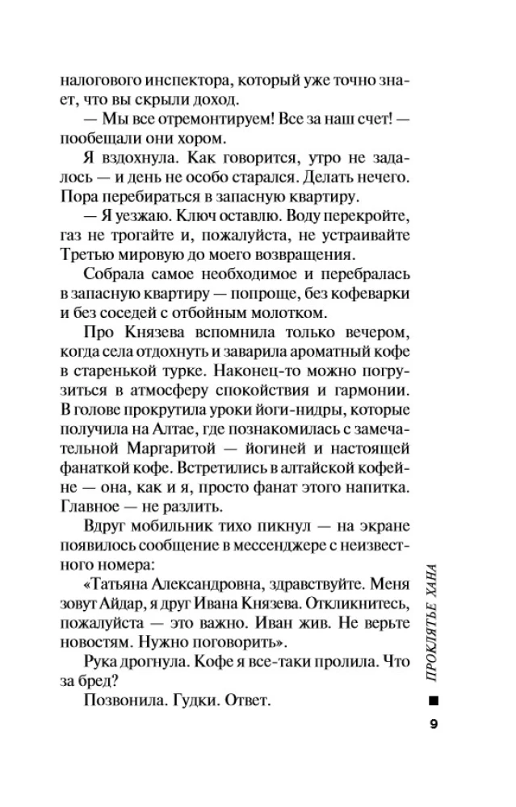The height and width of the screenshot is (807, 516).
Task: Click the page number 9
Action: pyautogui.click(x=434, y=724)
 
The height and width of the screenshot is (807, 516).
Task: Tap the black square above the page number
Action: pyautogui.click(x=434, y=698)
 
